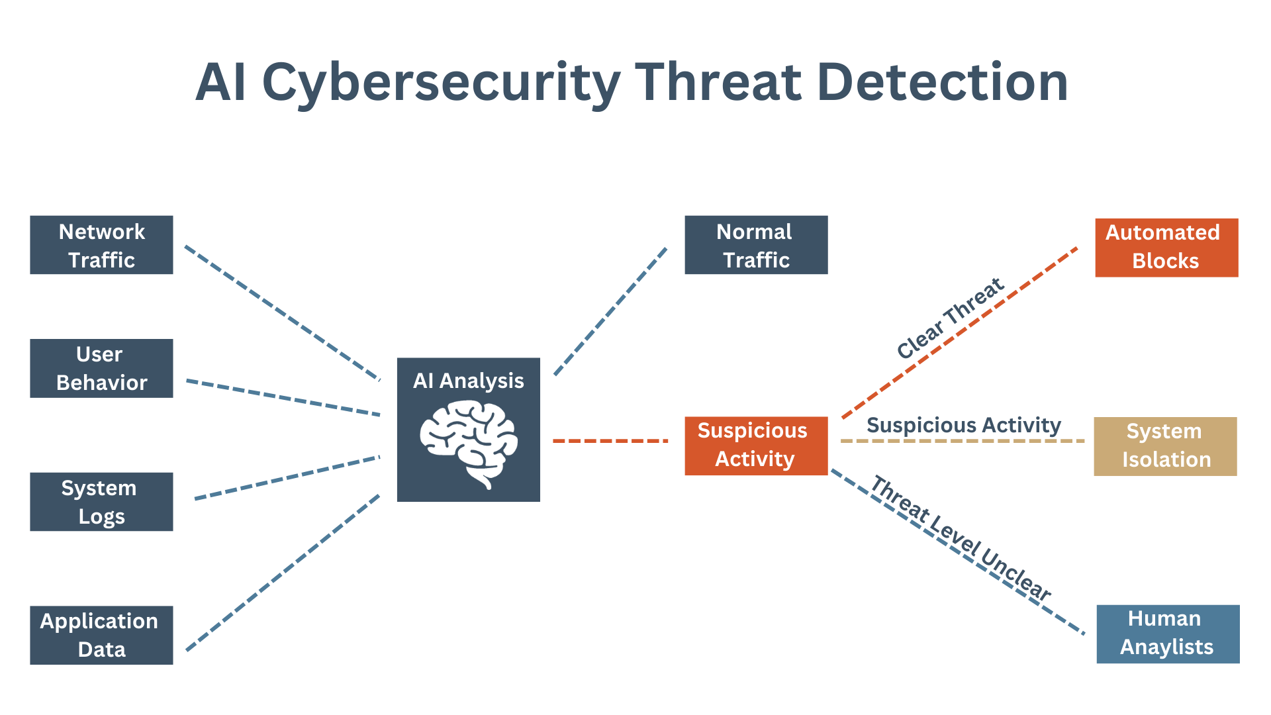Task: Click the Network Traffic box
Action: (x=101, y=245)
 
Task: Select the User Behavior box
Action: (x=101, y=368)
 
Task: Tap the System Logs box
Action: (x=101, y=501)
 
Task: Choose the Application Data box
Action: (x=101, y=635)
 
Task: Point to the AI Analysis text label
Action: (x=469, y=381)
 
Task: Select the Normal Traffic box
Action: (x=756, y=245)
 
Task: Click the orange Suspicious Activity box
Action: (x=756, y=446)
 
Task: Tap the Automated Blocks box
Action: (x=1166, y=248)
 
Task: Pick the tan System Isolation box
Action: (x=1165, y=446)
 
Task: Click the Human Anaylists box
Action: (x=1168, y=634)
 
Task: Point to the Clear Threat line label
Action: (x=950, y=319)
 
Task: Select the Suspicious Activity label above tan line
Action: (x=963, y=425)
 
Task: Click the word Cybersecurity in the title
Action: (x=441, y=83)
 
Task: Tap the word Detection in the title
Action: (x=943, y=83)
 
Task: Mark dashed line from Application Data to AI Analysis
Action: (x=283, y=573)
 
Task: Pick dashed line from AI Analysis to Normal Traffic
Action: (x=610, y=312)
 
